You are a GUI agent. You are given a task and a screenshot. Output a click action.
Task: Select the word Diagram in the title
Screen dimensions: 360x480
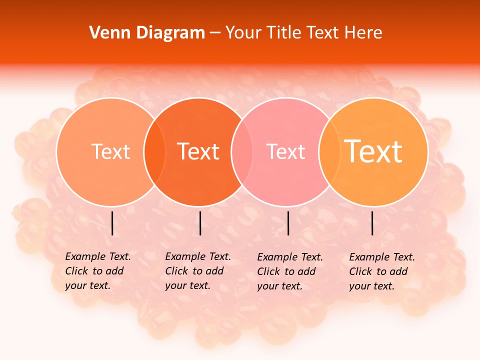170,33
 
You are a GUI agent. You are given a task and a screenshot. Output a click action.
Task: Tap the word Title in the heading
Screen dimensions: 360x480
283,33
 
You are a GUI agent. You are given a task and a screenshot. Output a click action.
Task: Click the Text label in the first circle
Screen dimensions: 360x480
110,151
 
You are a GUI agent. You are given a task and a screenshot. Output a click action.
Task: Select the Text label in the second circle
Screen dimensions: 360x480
198,151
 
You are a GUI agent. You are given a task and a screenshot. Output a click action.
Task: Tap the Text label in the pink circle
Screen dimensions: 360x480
285,151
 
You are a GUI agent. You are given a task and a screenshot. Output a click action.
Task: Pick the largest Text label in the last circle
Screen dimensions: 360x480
373,151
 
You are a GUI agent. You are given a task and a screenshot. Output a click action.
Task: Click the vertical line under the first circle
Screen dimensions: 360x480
112,223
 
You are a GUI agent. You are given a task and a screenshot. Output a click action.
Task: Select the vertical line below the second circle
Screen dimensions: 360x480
200,223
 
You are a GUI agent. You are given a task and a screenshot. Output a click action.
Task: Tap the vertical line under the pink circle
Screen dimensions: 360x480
288,223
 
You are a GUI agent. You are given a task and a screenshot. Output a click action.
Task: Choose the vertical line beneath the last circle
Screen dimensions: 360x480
372,223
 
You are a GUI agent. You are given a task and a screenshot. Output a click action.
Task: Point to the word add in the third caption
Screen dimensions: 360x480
306,271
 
